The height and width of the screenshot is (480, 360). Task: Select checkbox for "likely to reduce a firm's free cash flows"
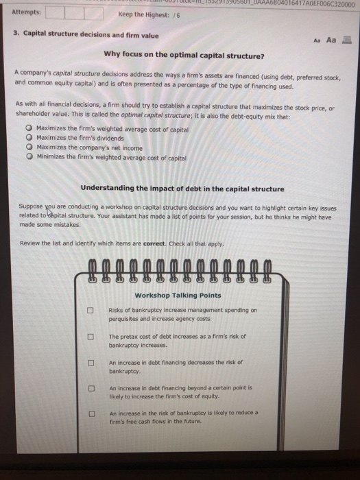(89, 413)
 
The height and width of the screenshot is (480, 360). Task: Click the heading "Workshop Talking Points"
(178, 296)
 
